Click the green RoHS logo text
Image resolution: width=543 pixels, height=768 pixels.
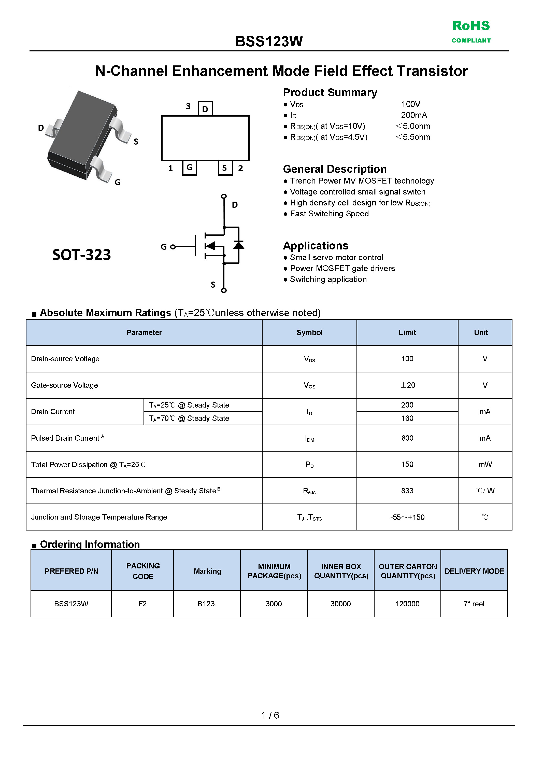pos(471,26)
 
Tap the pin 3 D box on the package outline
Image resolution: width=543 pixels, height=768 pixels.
pos(205,109)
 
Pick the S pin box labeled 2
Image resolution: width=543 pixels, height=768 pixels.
pos(225,168)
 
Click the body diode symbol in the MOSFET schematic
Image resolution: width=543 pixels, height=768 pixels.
pos(238,245)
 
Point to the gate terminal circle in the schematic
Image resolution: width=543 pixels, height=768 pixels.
pos(173,247)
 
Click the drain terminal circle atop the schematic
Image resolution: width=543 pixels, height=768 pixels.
pos(224,196)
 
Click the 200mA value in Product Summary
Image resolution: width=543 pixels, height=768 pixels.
pos(414,115)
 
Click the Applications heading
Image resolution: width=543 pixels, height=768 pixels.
pos(315,245)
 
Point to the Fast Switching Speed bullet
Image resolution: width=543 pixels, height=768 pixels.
pos(329,214)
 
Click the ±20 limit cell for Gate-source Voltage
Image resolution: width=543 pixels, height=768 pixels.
pos(407,385)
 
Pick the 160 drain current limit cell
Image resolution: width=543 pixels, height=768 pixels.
pos(407,418)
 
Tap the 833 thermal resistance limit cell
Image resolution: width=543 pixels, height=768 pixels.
pos(407,491)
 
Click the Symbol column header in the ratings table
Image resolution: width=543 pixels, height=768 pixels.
pos(309,332)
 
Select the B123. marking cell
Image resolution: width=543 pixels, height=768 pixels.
pos(207,604)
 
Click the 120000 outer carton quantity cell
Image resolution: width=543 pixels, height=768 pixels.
pos(407,604)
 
